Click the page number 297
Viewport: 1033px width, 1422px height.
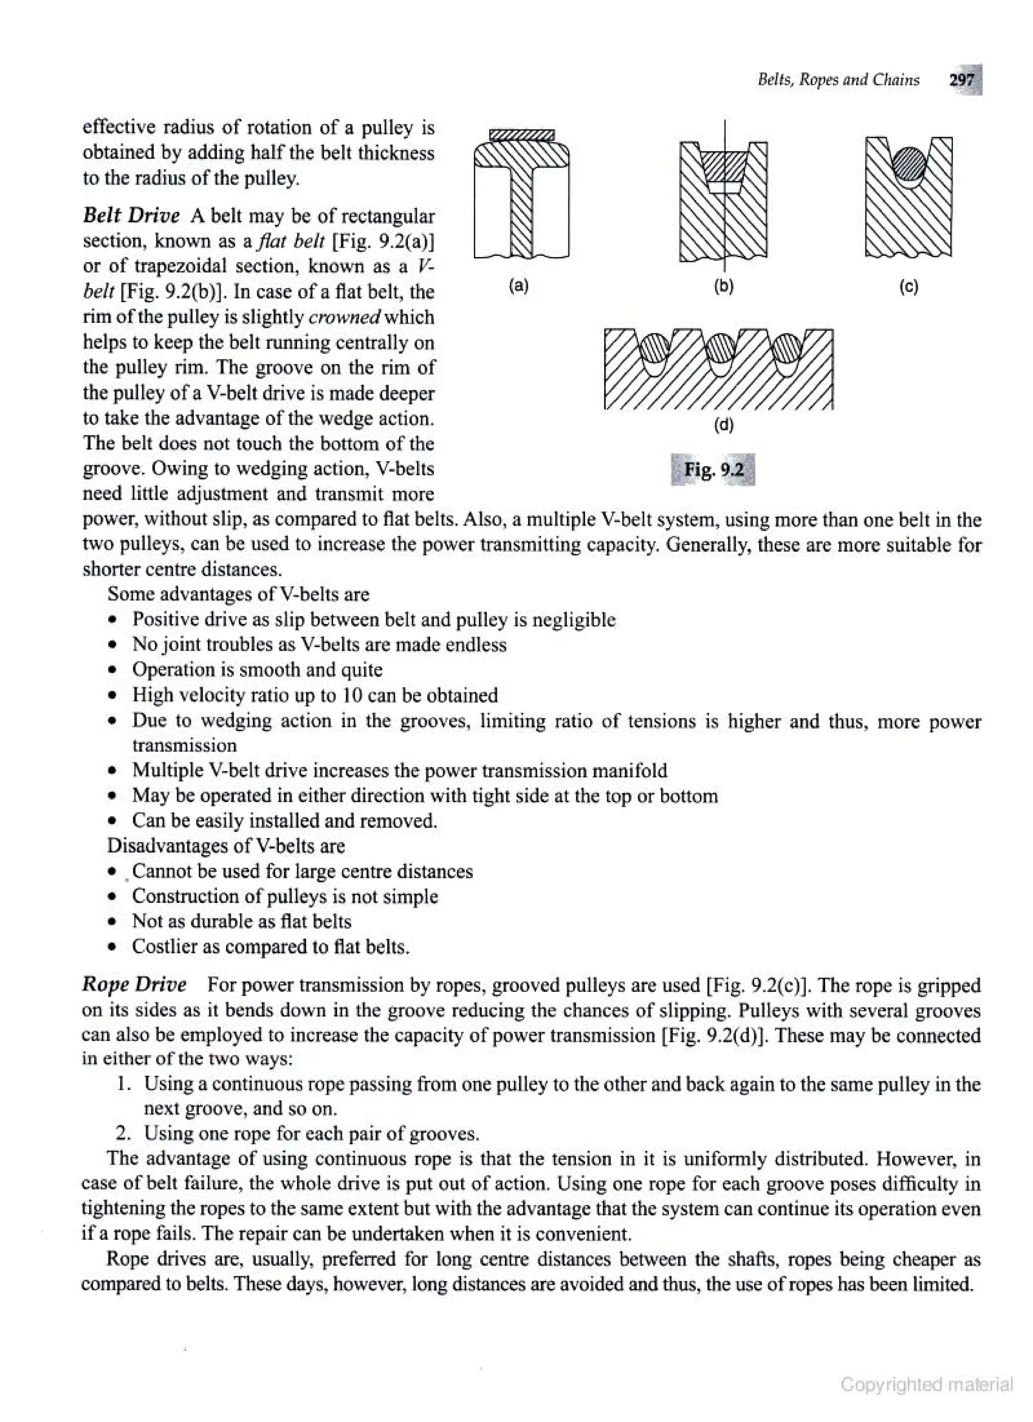click(962, 80)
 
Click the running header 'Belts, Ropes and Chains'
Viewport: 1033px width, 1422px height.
click(838, 80)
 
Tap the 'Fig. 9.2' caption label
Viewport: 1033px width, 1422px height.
click(713, 469)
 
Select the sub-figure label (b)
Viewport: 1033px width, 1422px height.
click(724, 287)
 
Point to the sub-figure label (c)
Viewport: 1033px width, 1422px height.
click(908, 287)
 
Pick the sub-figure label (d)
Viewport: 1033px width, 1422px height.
click(723, 425)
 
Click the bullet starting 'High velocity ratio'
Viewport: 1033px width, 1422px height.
click(315, 695)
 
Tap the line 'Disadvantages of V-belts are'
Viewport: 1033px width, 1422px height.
click(225, 846)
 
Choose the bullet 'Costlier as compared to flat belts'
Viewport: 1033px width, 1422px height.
click(271, 946)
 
